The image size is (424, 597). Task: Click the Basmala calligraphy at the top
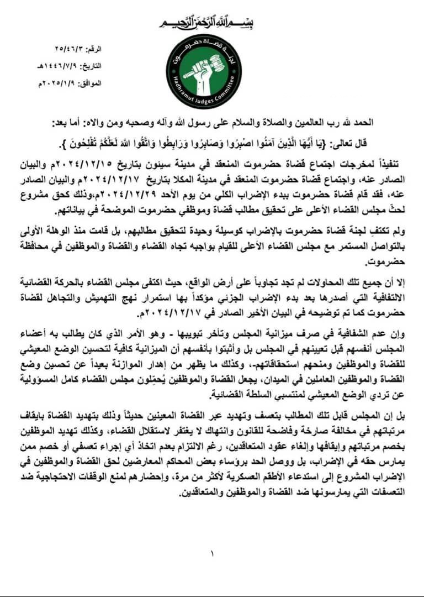[211, 22]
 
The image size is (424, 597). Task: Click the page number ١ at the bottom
[212, 552]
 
